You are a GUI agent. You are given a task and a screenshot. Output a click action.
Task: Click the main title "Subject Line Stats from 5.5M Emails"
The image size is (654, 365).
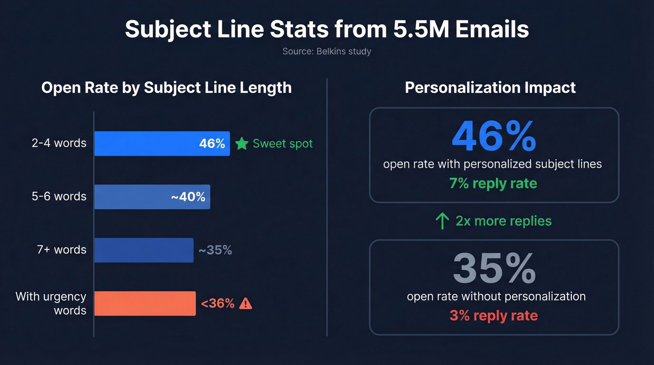click(327, 29)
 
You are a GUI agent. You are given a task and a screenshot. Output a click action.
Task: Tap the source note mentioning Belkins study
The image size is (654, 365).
click(327, 51)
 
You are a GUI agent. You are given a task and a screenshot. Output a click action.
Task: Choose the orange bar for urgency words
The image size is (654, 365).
click(145, 303)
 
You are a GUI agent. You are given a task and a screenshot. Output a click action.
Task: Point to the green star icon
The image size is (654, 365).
click(242, 143)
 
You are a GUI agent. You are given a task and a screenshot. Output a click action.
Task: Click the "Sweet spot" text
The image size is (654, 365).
click(283, 143)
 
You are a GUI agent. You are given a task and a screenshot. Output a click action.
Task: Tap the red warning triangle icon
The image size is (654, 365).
click(245, 304)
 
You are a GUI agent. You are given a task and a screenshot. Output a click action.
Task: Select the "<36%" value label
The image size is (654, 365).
click(218, 304)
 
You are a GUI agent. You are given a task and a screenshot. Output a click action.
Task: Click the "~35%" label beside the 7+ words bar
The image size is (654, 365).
click(215, 250)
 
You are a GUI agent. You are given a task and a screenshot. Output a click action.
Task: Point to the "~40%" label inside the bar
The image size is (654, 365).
click(188, 197)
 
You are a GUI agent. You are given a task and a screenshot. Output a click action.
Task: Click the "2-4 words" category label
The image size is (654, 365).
click(59, 143)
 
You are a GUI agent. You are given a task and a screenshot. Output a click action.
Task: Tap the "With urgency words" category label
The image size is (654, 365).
click(51, 303)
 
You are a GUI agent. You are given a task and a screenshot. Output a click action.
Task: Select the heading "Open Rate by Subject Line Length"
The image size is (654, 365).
click(166, 88)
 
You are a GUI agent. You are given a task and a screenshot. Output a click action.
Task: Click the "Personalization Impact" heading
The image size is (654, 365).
click(490, 88)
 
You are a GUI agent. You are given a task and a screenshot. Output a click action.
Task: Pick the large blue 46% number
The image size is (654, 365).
click(494, 137)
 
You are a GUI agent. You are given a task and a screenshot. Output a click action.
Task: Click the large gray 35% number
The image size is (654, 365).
click(494, 269)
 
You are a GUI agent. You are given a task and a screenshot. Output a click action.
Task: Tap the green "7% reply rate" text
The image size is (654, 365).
click(493, 183)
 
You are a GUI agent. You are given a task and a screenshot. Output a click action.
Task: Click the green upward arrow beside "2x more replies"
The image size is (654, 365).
click(442, 221)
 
